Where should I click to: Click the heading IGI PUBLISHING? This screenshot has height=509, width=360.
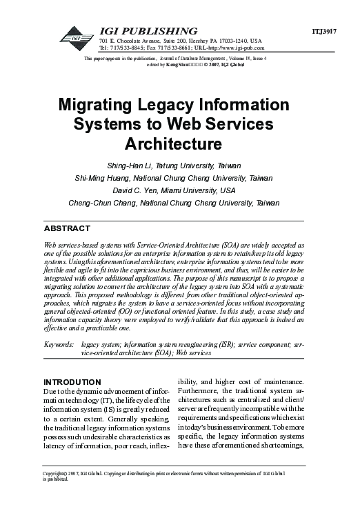(148, 31)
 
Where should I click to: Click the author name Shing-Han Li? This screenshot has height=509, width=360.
(131, 166)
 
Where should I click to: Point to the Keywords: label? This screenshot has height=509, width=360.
(59, 343)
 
